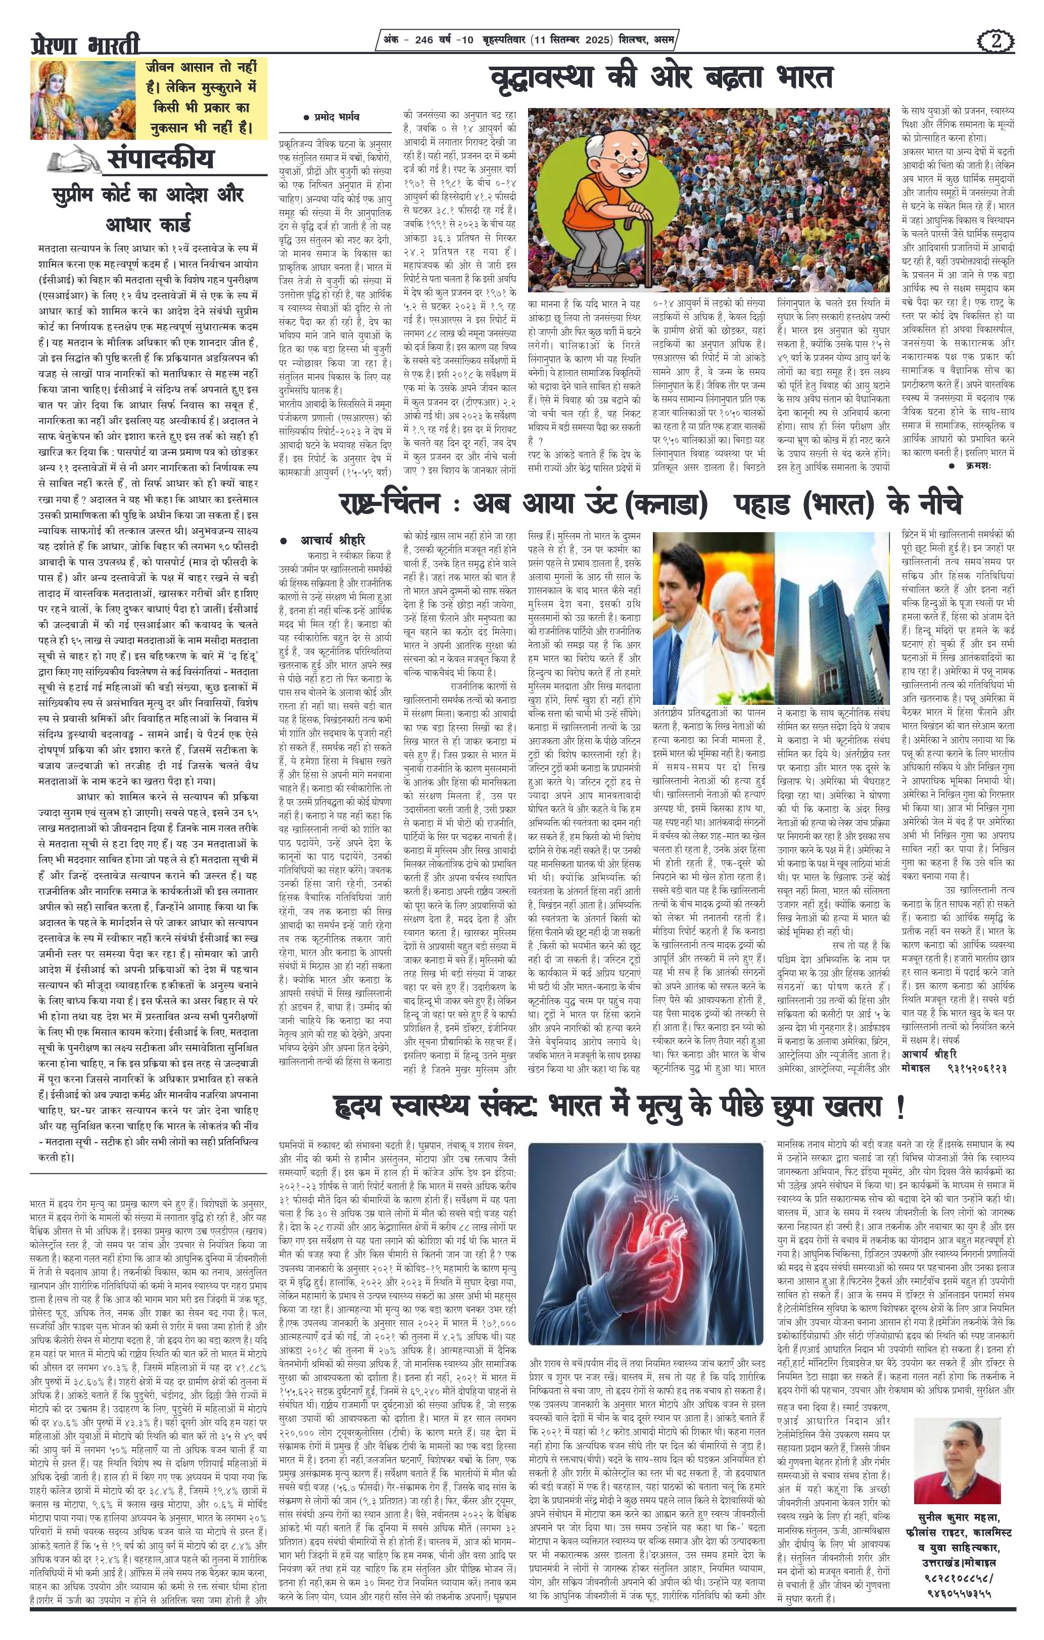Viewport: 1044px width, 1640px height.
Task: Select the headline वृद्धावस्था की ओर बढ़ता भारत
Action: click(661, 78)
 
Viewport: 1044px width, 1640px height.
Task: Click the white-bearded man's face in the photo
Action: click(745, 627)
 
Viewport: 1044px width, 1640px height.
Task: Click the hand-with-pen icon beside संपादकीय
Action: click(74, 160)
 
